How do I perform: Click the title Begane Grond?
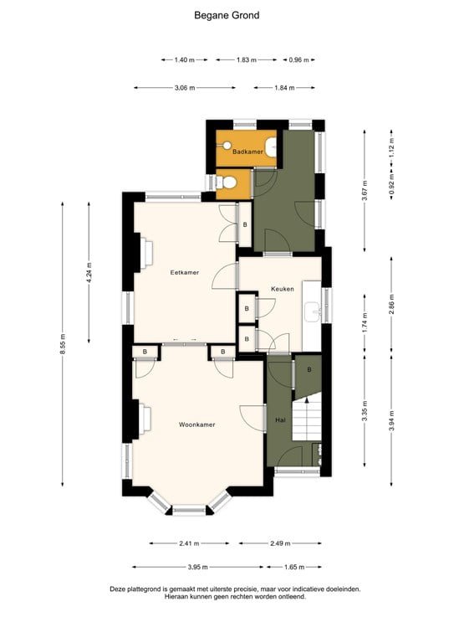[227, 15]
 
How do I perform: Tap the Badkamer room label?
[247, 152]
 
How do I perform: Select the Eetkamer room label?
[184, 272]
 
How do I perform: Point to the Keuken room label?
[282, 289]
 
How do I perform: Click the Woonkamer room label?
[196, 424]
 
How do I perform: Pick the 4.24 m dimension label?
[89, 274]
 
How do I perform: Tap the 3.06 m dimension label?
[185, 87]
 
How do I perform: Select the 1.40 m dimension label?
[185, 60]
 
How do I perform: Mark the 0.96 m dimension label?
[299, 60]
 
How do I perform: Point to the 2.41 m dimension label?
[190, 543]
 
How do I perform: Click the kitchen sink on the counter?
[316, 312]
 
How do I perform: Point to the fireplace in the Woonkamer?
[143, 416]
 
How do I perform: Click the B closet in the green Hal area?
[309, 369]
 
